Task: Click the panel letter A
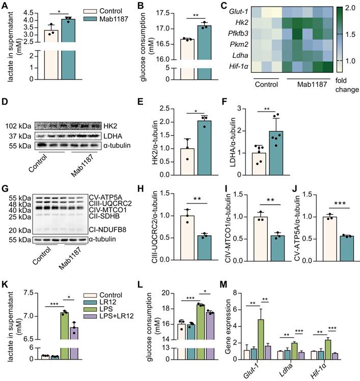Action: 5,6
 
